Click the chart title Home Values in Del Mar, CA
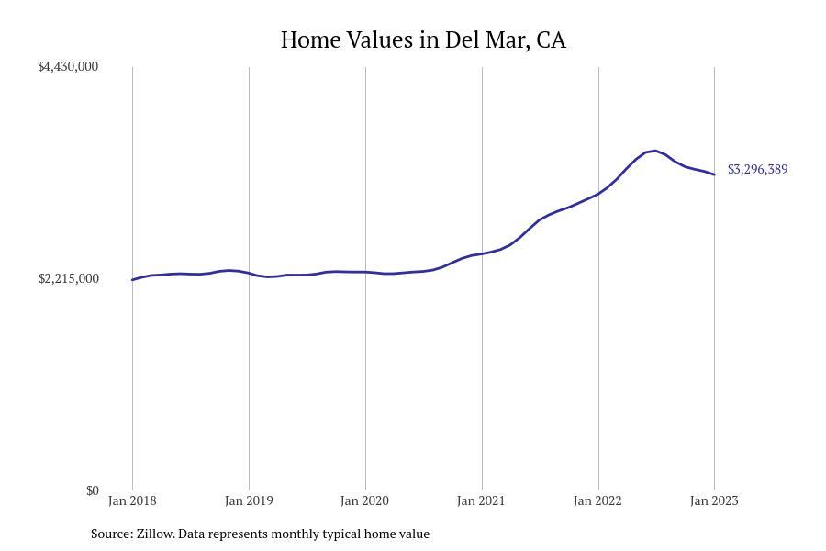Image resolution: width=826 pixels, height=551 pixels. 423,40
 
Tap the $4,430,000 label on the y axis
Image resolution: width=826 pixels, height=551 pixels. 68,67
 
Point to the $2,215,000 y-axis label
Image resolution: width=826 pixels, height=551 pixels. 68,279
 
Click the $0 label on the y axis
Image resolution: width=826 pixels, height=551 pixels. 92,491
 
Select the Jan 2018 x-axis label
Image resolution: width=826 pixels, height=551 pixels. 132,501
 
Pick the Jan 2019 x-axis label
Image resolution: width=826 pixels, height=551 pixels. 249,501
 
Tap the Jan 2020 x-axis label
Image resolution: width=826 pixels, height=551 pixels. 365,501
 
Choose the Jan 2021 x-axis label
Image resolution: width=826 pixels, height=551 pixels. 482,501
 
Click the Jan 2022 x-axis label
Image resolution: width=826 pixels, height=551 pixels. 597,501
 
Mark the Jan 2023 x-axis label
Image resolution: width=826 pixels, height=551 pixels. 714,501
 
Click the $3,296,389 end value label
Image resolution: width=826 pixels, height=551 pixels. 757,170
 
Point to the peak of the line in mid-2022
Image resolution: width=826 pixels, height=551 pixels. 654,151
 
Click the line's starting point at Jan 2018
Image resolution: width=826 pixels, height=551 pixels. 132,280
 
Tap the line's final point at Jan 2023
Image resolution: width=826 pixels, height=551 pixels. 714,174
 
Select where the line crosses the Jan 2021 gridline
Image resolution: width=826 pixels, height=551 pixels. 482,253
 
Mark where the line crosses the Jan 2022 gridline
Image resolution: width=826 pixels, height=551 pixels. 598,193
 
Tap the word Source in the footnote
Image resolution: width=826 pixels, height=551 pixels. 111,534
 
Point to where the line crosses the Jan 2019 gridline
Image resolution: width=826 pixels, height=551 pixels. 249,274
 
